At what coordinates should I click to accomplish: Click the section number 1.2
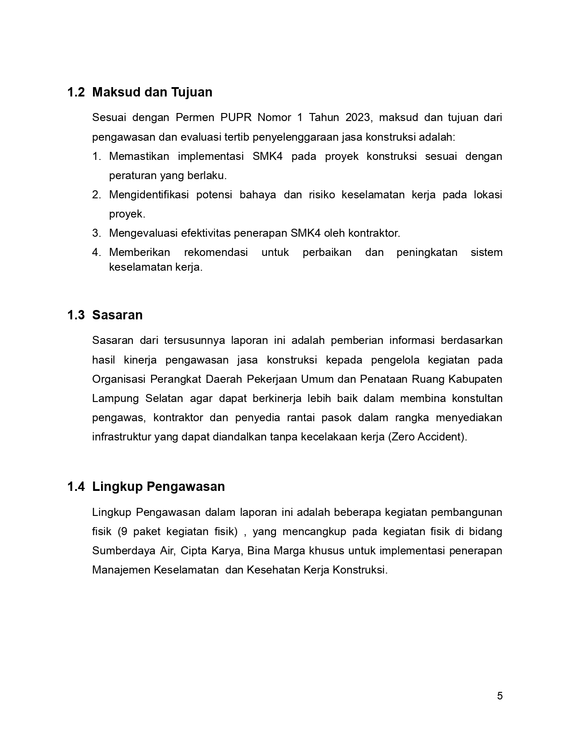pyautogui.click(x=76, y=92)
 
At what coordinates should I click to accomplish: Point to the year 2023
pyautogui.click(x=358, y=117)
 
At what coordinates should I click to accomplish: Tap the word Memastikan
pyautogui.click(x=139, y=156)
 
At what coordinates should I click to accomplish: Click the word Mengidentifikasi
pyautogui.click(x=149, y=195)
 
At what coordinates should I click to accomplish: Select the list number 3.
pyautogui.click(x=97, y=233)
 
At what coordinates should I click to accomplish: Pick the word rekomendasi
pyautogui.click(x=216, y=252)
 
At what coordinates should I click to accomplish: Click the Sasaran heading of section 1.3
pyautogui.click(x=117, y=315)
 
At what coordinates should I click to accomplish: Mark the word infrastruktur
pyautogui.click(x=122, y=437)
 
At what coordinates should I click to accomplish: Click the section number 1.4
pyautogui.click(x=76, y=487)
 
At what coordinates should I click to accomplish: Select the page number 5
pyautogui.click(x=500, y=696)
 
